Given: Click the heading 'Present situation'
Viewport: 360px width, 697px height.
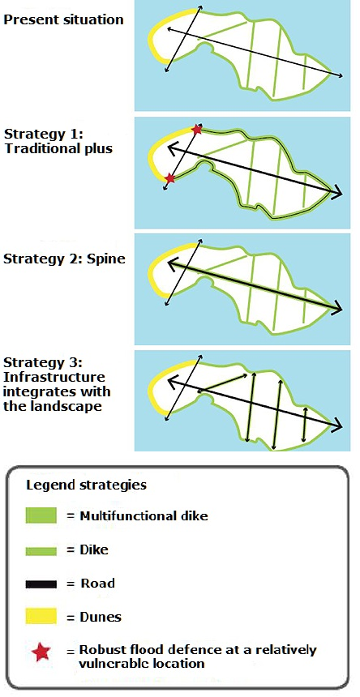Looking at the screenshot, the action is click(x=63, y=20).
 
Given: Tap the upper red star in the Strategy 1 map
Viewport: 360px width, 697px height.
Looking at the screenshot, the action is click(x=196, y=130).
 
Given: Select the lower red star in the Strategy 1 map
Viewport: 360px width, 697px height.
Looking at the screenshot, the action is click(x=169, y=178).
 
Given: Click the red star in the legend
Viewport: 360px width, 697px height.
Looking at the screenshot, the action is click(x=41, y=652).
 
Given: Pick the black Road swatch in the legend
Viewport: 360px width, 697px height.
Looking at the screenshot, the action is click(x=41, y=584).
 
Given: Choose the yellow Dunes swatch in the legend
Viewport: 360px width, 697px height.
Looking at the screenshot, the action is click(x=41, y=617).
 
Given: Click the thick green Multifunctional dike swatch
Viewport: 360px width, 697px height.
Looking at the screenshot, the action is click(x=41, y=515).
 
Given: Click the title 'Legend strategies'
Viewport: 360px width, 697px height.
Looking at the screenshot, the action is click(x=86, y=485).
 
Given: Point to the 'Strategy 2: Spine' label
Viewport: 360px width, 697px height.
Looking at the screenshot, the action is click(x=64, y=259).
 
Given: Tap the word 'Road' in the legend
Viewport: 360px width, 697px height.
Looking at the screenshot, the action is click(x=97, y=584).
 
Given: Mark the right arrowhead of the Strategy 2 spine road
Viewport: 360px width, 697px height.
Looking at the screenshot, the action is click(x=336, y=308).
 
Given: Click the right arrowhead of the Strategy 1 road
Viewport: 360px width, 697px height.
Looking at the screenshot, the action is click(x=336, y=191).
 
